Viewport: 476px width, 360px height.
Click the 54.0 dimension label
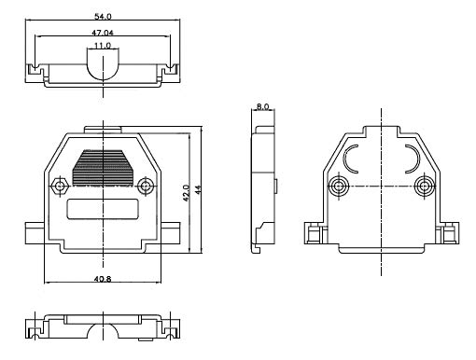103,16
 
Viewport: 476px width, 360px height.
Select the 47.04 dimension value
103,33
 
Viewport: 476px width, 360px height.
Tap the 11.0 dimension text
103,46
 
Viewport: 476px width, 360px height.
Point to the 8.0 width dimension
262,106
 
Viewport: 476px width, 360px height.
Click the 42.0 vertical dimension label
186,193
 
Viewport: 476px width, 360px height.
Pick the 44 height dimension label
198,189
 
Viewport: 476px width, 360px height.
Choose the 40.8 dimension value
103,279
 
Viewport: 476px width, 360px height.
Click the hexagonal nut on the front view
60,186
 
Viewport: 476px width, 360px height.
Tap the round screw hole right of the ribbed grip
146,186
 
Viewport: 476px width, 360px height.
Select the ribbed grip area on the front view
103,168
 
